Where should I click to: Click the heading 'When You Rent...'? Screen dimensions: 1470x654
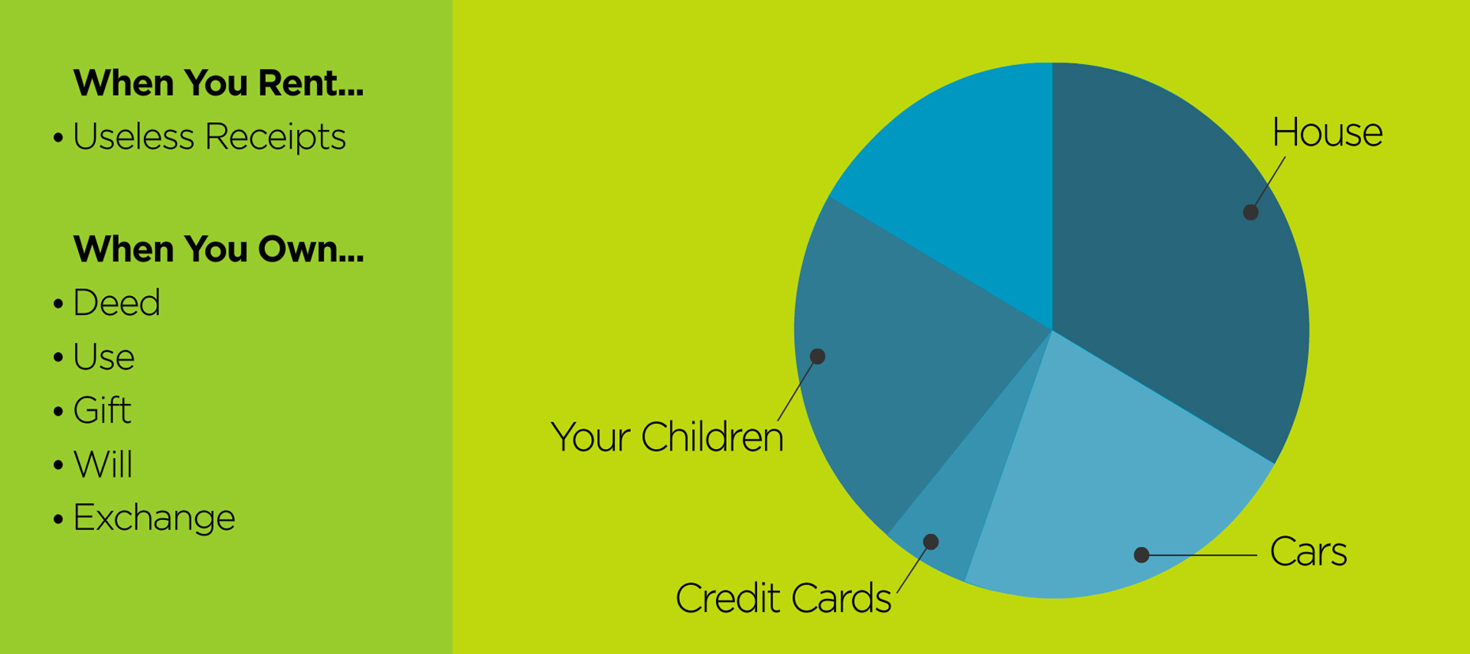[218, 83]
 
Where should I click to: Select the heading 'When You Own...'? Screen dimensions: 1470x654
[218, 249]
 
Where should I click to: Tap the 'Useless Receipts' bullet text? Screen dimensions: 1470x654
[209, 137]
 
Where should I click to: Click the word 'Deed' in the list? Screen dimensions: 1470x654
[116, 303]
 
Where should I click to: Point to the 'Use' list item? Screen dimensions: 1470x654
[103, 357]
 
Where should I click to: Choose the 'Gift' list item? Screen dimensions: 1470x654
[102, 411]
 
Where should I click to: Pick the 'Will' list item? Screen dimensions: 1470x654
[103, 464]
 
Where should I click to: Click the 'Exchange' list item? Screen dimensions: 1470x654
[154, 518]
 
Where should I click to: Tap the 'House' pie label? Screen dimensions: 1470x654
[1328, 132]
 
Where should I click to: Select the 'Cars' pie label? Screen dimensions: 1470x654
[1308, 552]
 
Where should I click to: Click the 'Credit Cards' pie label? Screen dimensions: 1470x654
[783, 598]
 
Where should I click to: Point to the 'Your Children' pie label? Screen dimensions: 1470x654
[667, 437]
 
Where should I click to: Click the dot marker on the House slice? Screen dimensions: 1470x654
[1250, 212]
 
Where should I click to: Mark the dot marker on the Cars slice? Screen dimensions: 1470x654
[1142, 555]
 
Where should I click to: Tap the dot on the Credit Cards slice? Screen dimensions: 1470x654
[931, 542]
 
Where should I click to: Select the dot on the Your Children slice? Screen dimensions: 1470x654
[818, 356]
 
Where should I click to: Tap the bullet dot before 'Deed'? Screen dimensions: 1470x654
[58, 304]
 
